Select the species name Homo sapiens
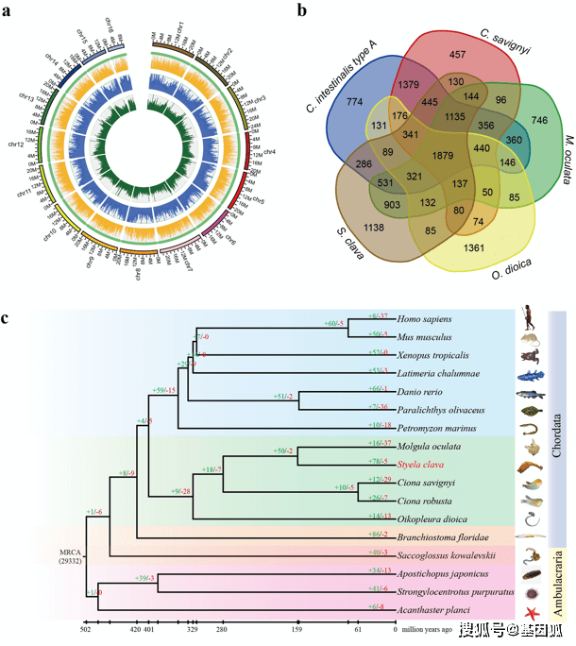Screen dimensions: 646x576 click(425, 320)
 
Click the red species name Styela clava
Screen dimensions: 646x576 click(421, 465)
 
